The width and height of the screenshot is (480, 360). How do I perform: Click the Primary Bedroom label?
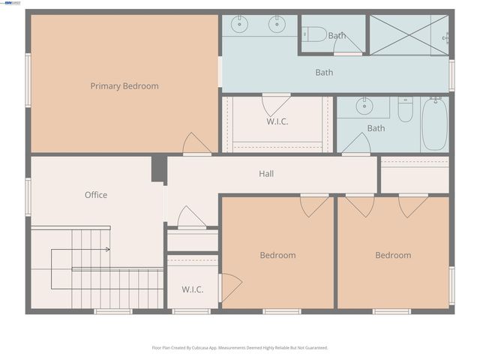coord(124,86)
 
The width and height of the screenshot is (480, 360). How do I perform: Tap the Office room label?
coord(96,195)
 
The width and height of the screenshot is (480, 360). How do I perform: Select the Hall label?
coord(266,174)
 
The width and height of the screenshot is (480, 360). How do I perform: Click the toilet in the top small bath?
coord(315,34)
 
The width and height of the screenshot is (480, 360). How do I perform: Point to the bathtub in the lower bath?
coord(434,124)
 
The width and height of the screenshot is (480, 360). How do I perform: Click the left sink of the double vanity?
coord(240,24)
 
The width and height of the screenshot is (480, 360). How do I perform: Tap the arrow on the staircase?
coord(107,249)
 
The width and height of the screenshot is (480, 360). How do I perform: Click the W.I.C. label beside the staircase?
coord(192,289)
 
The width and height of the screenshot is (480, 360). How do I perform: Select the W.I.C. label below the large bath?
coord(277,121)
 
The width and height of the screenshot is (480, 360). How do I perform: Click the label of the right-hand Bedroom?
coord(393,256)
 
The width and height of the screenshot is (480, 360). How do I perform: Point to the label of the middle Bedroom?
coord(277,256)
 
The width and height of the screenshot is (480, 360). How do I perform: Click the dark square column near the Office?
coord(158,169)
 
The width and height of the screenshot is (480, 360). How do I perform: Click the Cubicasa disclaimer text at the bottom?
coord(240,348)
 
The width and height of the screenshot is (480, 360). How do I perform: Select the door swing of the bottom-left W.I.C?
coord(229,288)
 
